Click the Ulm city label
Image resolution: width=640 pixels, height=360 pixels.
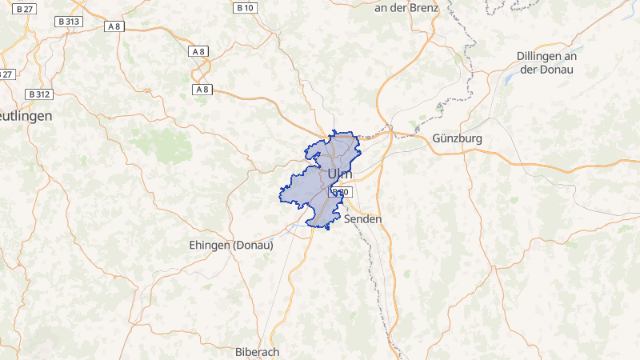(x=339, y=174)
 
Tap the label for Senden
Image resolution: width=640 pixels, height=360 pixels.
(x=363, y=218)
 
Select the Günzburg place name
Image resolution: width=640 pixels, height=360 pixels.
(x=457, y=138)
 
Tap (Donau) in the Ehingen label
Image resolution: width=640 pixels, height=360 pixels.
(x=253, y=245)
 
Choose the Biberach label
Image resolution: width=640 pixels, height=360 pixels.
(x=257, y=352)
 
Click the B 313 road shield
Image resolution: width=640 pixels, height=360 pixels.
(x=68, y=22)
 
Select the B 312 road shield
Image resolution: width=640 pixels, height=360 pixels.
(x=38, y=94)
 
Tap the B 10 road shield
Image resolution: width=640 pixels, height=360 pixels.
(x=245, y=8)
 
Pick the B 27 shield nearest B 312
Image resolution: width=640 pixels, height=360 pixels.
(x=6, y=74)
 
